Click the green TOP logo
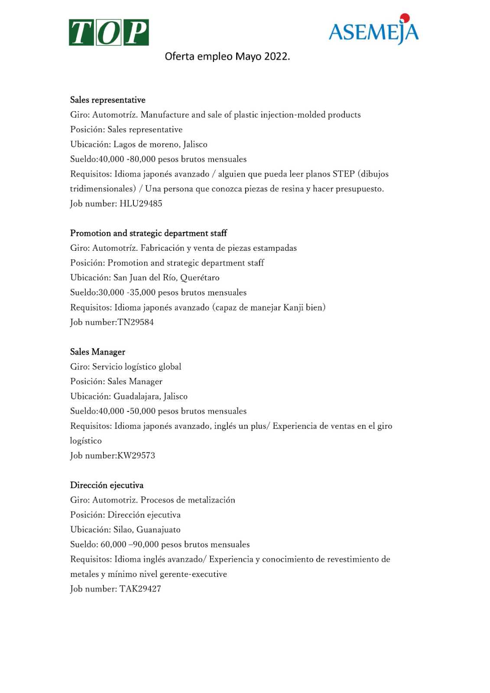coord(109,32)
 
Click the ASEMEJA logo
coord(373,30)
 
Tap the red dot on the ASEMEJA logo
coord(405,18)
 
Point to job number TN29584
coord(136,322)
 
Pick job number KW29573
coord(136,456)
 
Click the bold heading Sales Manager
coord(97,352)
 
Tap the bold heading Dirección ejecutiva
coord(107,485)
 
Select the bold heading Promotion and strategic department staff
coord(148,233)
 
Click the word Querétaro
coord(200,278)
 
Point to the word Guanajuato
coord(158,530)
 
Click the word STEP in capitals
coord(343,174)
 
